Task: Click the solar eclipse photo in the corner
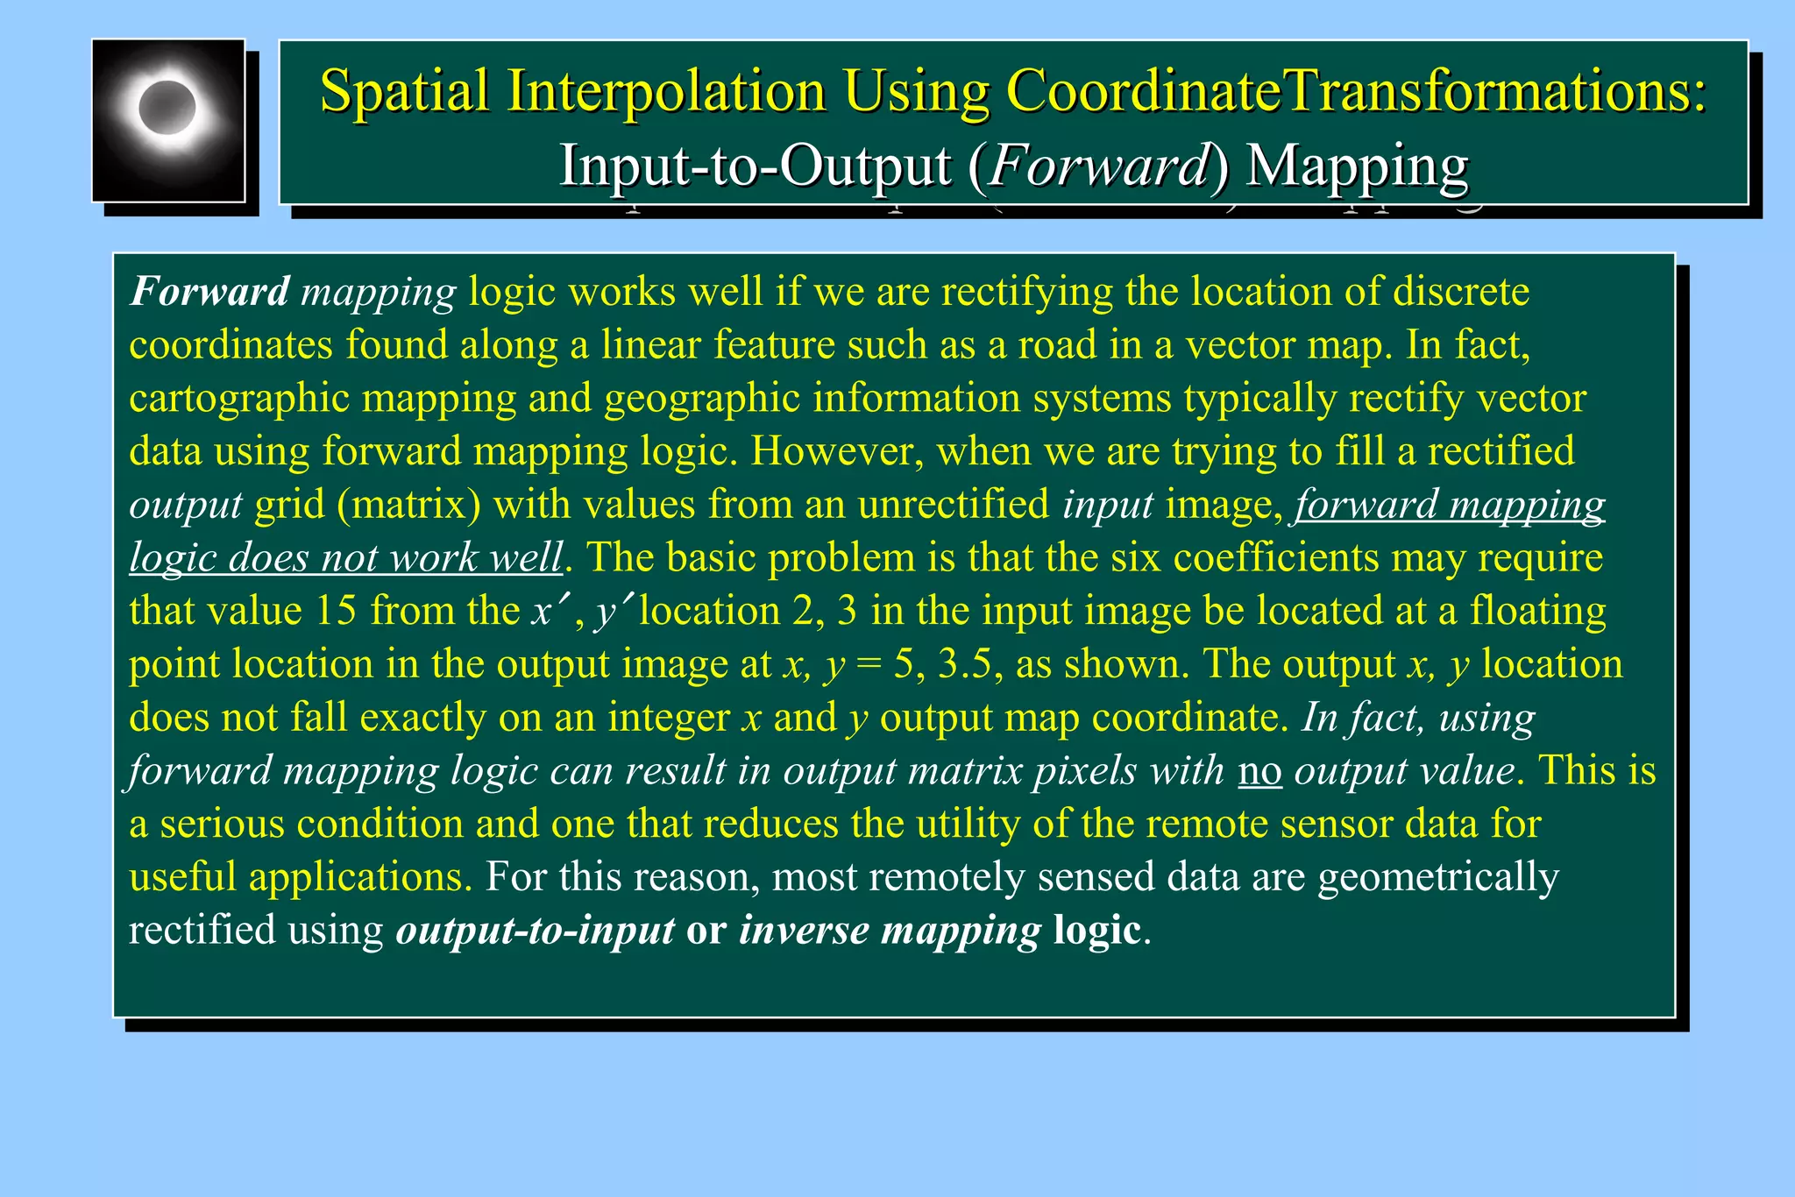168,120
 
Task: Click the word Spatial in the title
404,90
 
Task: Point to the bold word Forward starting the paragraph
209,291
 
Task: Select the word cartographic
239,398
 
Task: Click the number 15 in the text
336,611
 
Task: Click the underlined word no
1259,771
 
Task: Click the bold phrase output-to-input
536,931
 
